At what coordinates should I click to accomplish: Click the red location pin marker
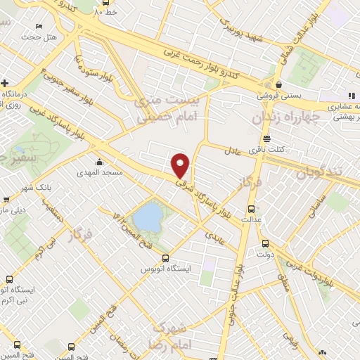(x=181, y=165)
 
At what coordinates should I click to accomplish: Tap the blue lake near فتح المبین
(x=147, y=217)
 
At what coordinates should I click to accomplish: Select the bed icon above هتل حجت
(x=38, y=26)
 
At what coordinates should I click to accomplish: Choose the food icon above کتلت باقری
(x=266, y=139)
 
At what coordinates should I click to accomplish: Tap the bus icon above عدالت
(x=252, y=209)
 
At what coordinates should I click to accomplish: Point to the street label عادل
(x=233, y=151)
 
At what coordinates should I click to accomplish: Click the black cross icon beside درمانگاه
(x=5, y=82)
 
